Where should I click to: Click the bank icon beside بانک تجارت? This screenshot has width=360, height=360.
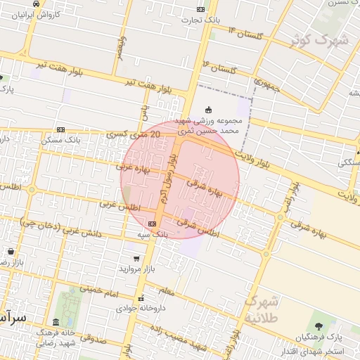click(x=200, y=9)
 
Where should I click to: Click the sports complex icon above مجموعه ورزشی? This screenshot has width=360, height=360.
click(x=208, y=109)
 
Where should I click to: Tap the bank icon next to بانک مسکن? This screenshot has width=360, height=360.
click(x=60, y=129)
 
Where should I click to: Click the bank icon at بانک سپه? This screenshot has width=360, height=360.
click(x=153, y=224)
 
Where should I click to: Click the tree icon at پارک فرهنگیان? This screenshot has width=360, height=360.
click(x=320, y=326)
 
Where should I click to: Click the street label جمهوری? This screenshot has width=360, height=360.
click(x=267, y=86)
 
